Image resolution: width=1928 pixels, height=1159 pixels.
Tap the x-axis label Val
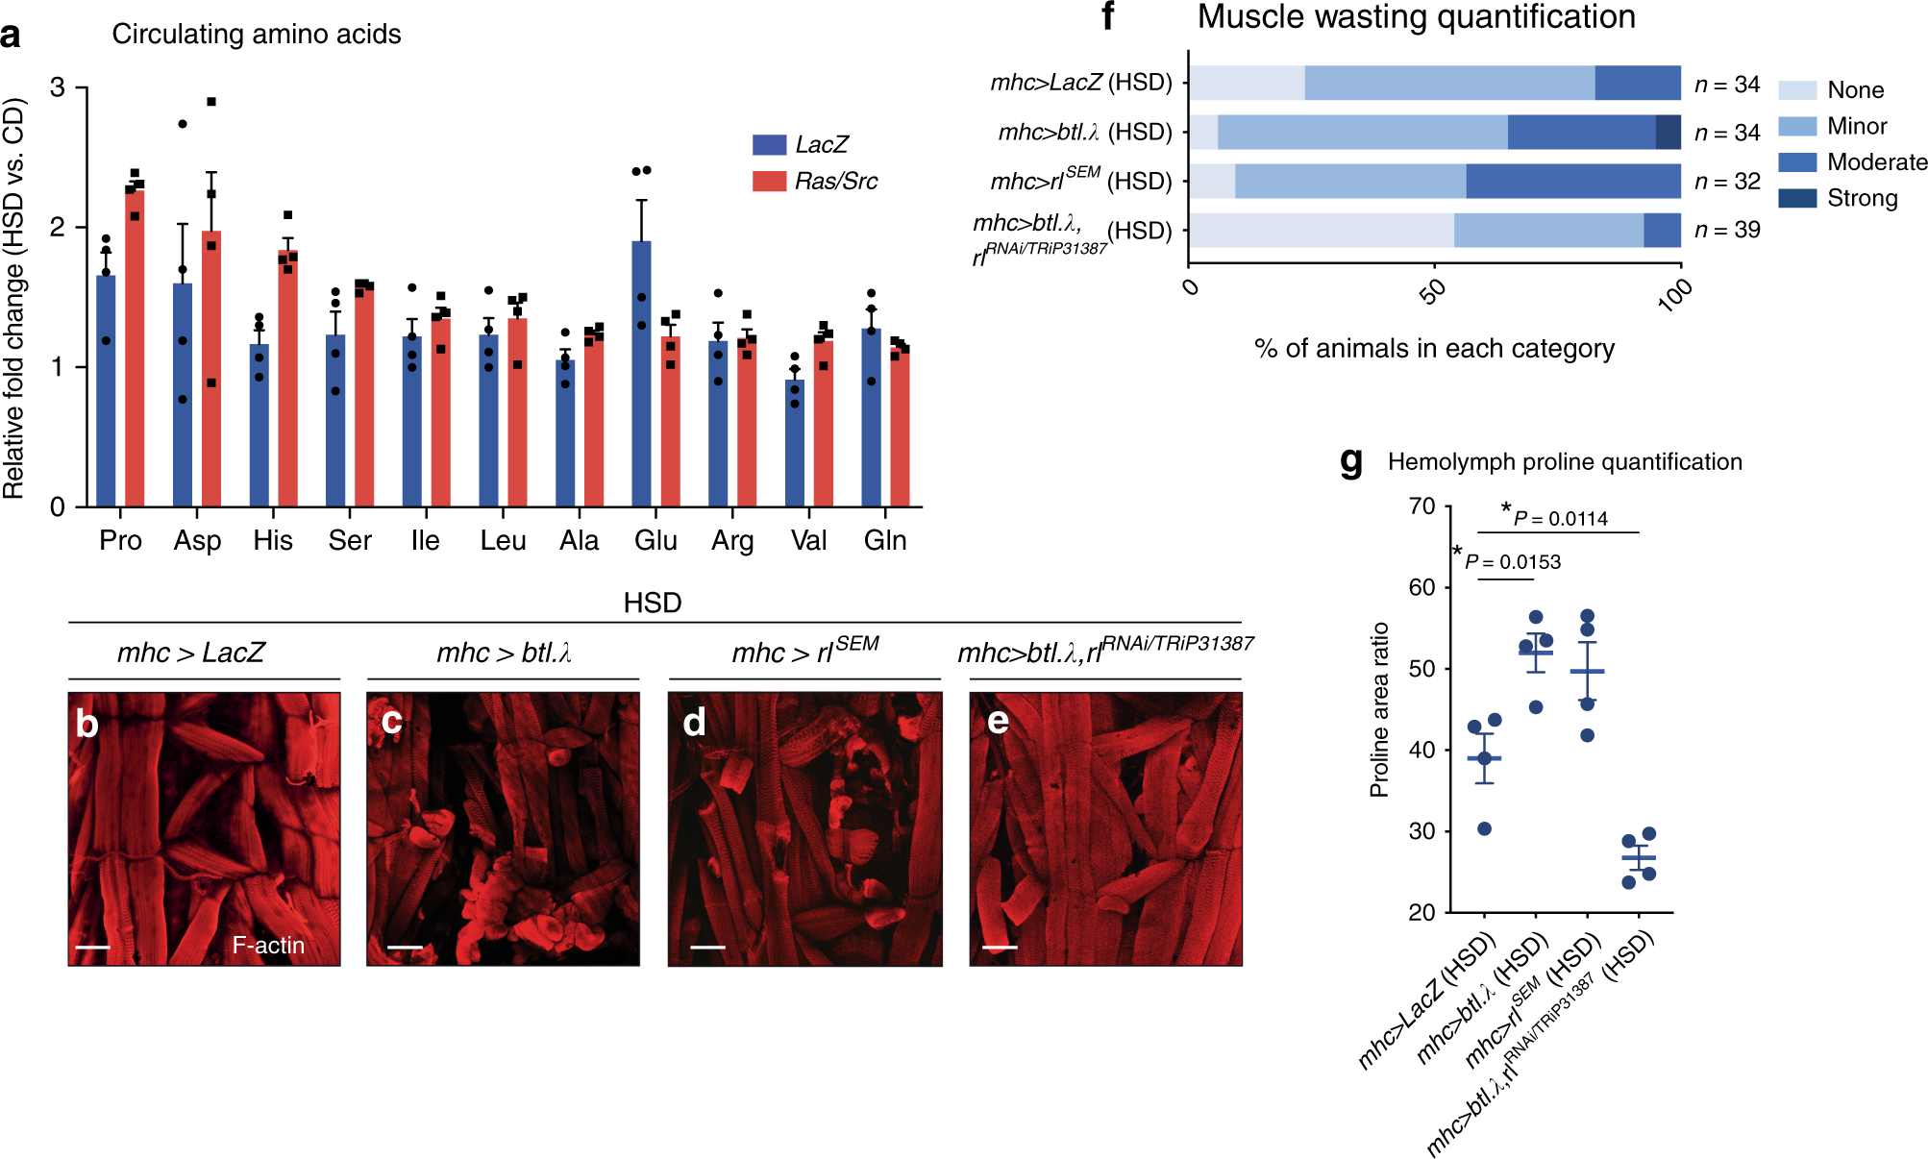(808, 541)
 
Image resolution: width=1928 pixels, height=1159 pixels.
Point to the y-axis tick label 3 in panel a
(58, 88)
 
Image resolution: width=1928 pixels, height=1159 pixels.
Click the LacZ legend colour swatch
(769, 145)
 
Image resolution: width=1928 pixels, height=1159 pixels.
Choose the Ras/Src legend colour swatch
(769, 181)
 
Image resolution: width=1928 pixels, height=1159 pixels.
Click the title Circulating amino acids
(256, 35)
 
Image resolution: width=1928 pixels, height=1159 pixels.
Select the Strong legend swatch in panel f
(1796, 198)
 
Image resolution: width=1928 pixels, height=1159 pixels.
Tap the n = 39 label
(1726, 231)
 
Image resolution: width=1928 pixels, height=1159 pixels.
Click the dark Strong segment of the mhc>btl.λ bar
(1668, 132)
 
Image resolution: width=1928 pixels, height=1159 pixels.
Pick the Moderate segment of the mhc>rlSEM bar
(1572, 181)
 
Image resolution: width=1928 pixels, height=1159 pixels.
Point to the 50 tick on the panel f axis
(1434, 290)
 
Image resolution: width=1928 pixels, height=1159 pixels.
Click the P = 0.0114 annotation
(1561, 519)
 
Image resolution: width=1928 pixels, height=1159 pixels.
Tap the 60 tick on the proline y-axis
(1421, 587)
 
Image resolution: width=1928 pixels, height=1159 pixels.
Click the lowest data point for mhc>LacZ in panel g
(1484, 828)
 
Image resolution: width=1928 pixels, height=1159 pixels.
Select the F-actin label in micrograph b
(268, 946)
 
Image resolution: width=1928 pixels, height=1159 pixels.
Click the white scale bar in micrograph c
(405, 948)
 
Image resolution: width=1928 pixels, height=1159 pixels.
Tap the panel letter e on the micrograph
(998, 721)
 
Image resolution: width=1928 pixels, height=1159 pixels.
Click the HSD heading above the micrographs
(652, 604)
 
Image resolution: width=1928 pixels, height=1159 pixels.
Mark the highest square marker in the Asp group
(211, 102)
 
